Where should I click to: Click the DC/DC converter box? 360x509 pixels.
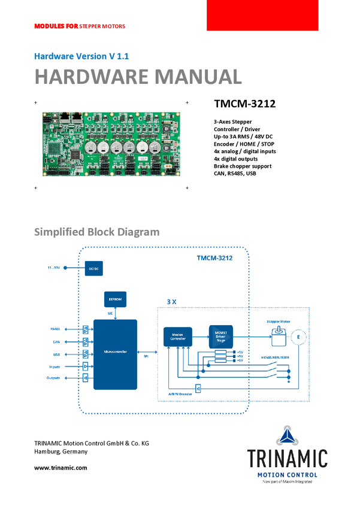pos(93,269)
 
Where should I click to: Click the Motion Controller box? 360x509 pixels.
pos(177,337)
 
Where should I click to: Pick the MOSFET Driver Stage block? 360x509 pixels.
pos(220,337)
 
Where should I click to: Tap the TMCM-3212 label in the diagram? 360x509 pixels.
pos(214,259)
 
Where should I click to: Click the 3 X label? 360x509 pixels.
pos(171,302)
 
